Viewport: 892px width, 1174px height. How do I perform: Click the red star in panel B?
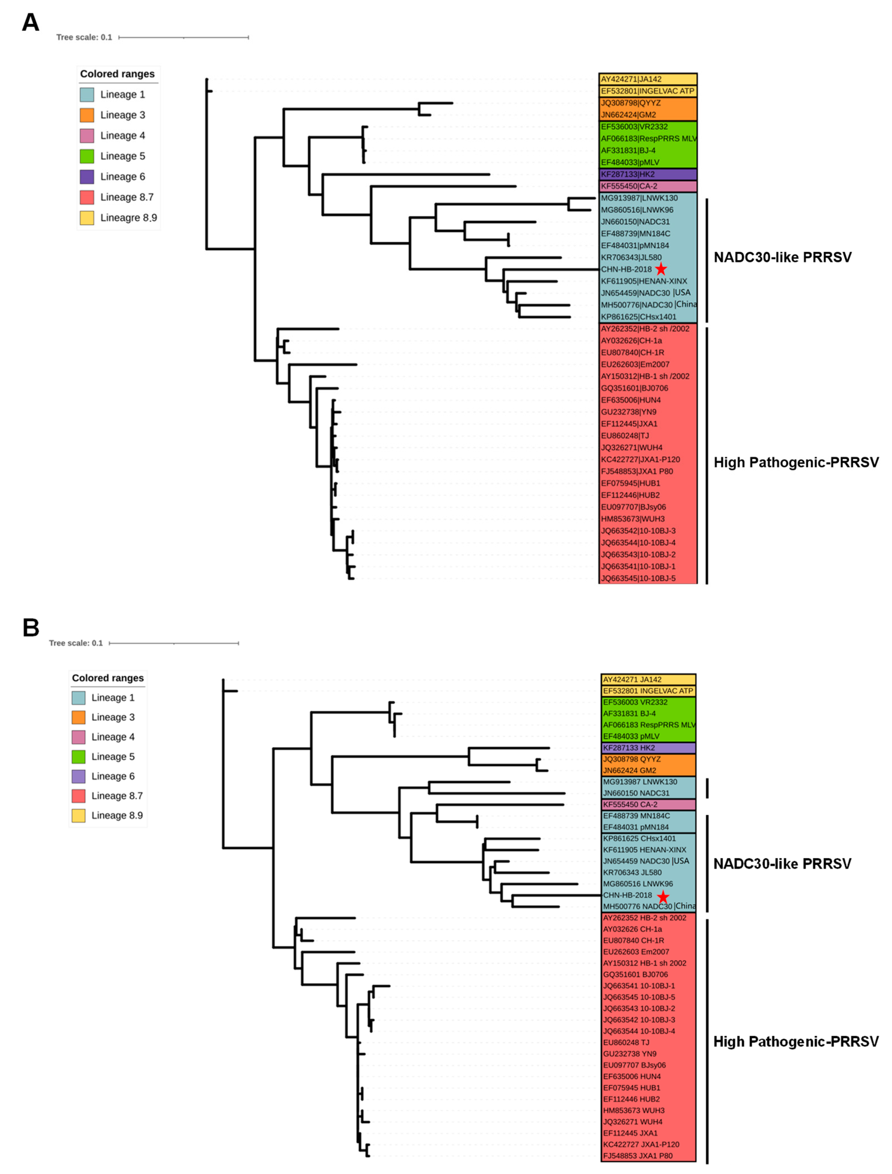(663, 897)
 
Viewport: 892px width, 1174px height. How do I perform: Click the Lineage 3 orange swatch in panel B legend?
(78, 717)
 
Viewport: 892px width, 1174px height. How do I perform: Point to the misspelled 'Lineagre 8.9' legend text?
(129, 218)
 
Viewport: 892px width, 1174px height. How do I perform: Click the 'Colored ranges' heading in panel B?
(108, 678)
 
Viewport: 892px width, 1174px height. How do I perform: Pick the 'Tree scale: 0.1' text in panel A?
(84, 37)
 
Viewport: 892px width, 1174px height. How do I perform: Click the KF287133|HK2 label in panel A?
(627, 174)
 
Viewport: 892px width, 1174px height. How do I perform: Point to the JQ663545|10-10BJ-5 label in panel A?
(638, 578)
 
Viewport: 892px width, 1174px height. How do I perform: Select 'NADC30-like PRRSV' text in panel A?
(782, 257)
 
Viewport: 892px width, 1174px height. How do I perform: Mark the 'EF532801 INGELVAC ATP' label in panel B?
(648, 691)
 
